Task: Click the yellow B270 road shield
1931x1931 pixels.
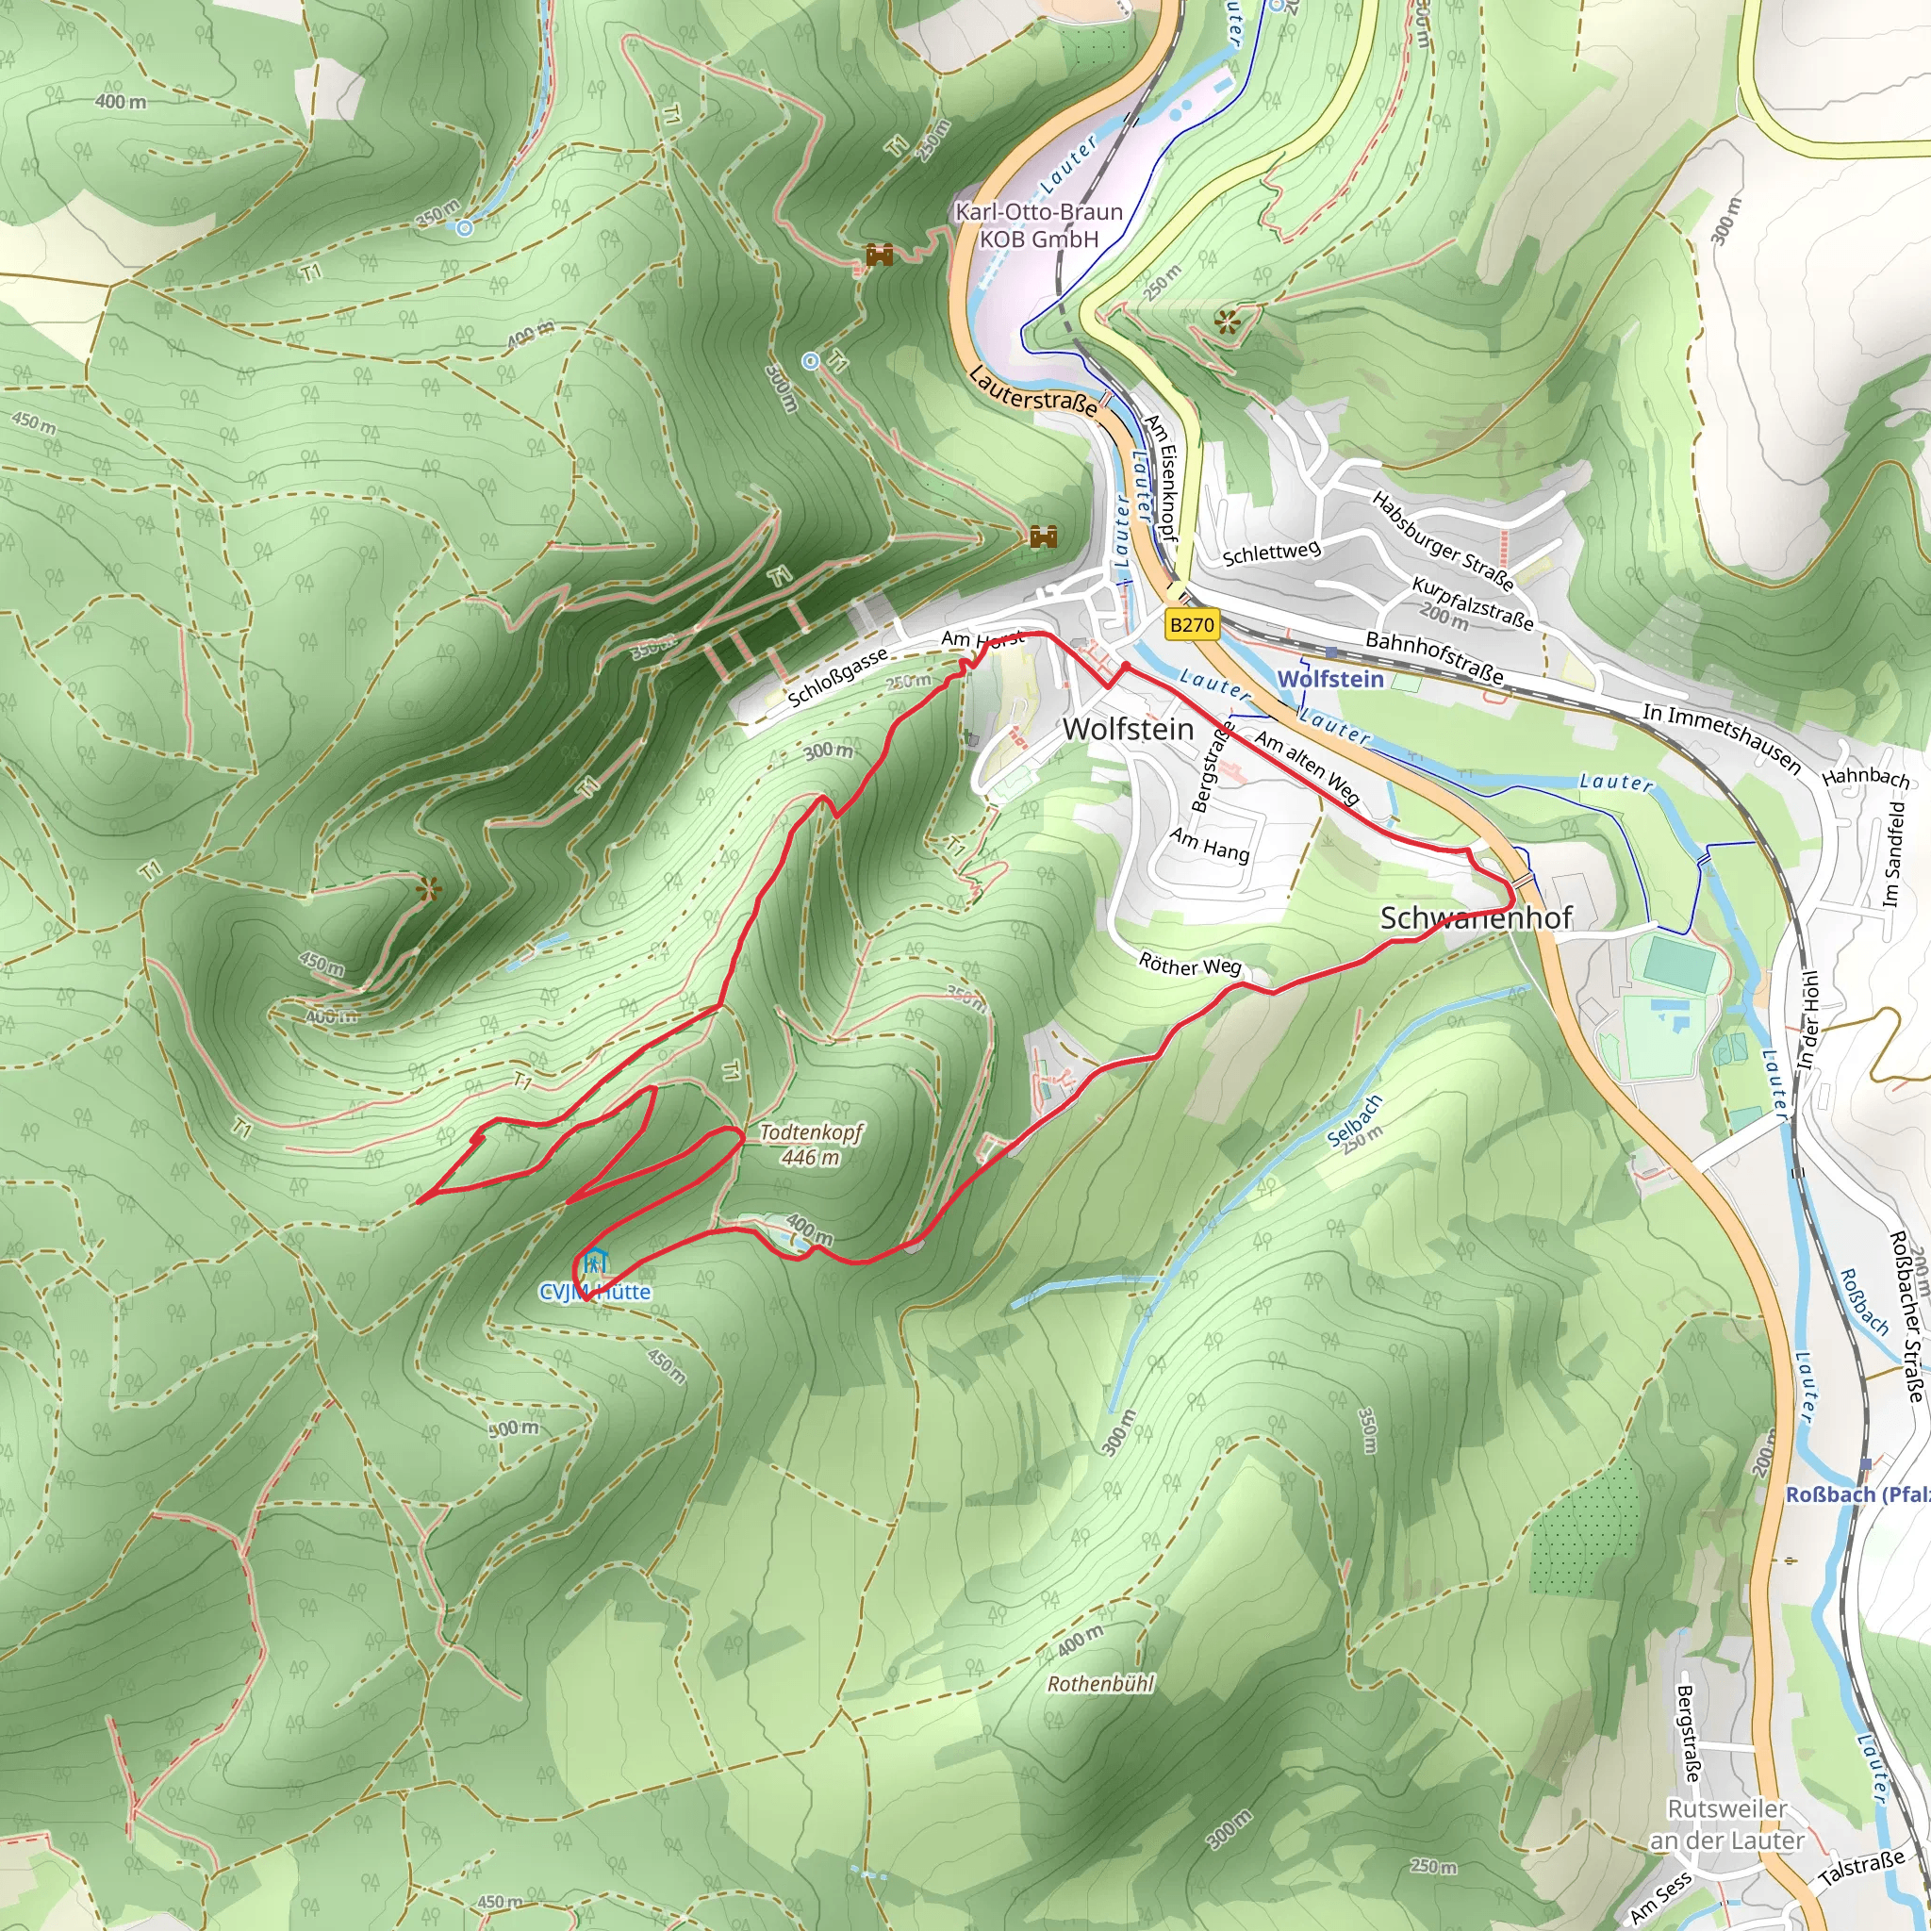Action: point(1192,626)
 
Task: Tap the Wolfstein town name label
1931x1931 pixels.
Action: point(1128,730)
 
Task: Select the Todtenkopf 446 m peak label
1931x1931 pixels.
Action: point(811,1145)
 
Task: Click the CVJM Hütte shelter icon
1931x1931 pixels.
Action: point(596,1262)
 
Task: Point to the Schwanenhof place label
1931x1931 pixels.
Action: point(1476,917)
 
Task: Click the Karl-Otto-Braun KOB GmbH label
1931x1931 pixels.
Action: point(1038,225)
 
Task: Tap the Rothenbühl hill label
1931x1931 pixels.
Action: point(1099,1684)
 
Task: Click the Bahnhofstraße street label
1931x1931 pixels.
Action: point(1434,656)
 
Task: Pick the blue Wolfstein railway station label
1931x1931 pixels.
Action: point(1330,679)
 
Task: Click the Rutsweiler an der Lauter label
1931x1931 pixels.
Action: point(1726,1824)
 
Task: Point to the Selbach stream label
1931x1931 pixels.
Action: point(1356,1121)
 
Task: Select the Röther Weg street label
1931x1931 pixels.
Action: point(1189,965)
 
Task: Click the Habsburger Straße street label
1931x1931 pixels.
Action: point(1443,539)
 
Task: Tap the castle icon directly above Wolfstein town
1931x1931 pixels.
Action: point(1043,536)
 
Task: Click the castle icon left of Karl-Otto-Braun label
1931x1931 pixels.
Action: point(879,255)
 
